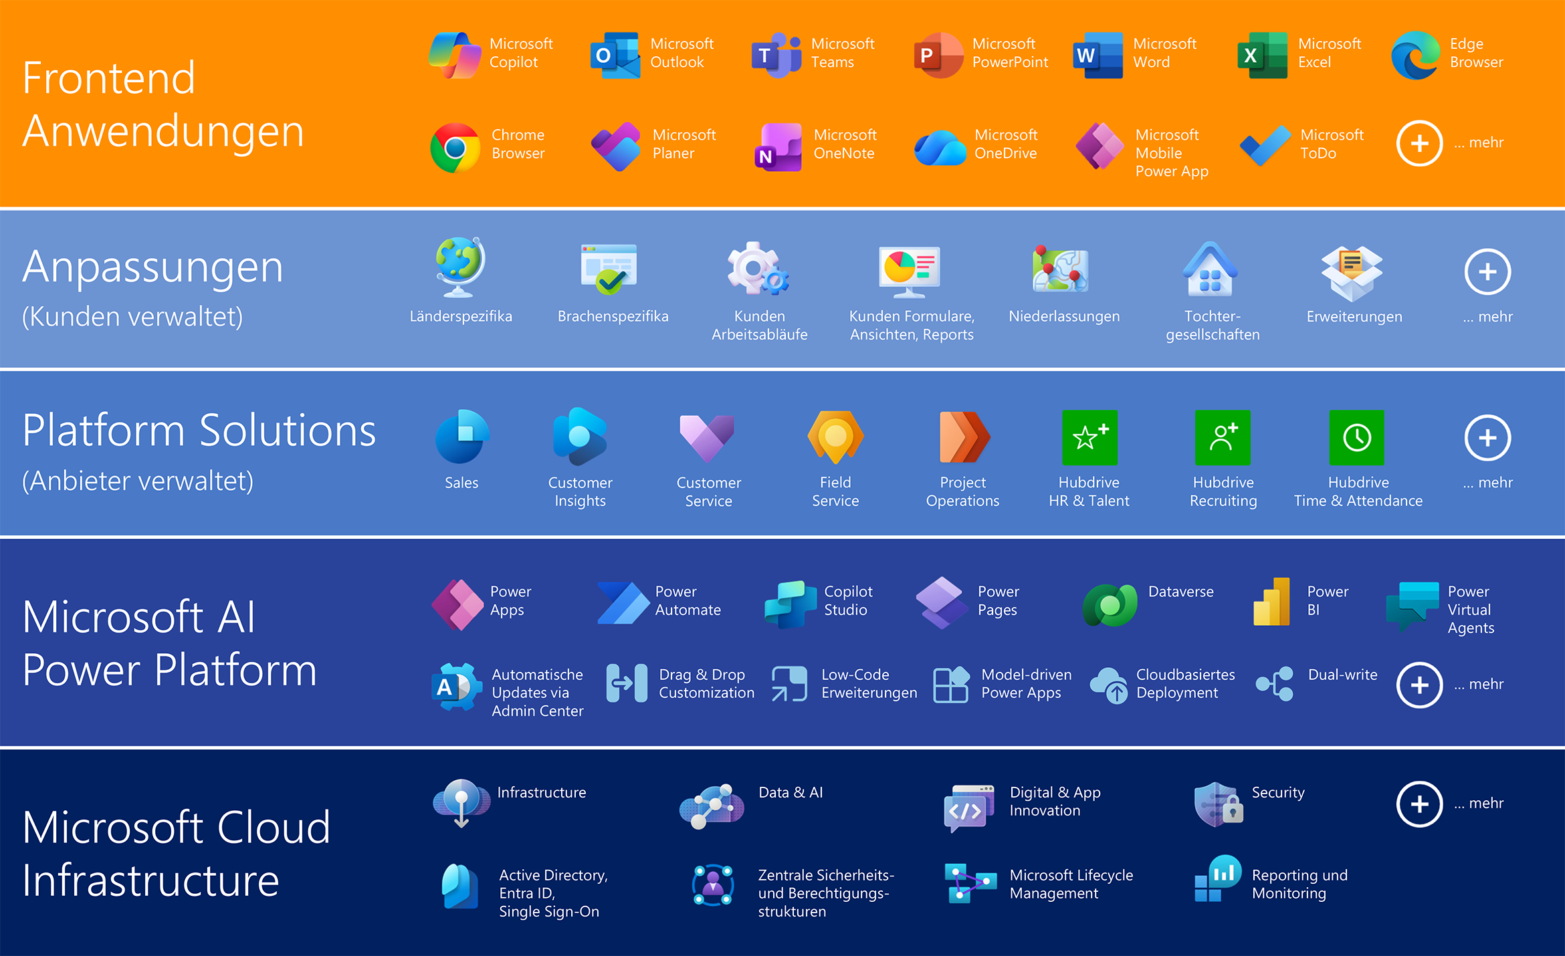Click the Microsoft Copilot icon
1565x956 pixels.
(455, 55)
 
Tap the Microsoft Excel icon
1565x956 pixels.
(1262, 55)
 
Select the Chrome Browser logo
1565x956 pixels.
(455, 147)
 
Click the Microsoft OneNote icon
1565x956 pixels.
(778, 147)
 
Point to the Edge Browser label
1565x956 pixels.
(1476, 53)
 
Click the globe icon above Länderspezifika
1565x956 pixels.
(459, 267)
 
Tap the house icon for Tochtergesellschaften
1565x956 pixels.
(1211, 269)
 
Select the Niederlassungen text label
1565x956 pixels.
(1064, 316)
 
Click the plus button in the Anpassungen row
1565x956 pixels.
(1487, 272)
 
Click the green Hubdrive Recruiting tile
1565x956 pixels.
(1223, 437)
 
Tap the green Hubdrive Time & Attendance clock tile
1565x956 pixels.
(1357, 437)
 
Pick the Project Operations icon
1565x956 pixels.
(964, 437)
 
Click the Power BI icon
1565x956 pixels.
(1271, 602)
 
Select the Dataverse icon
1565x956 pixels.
(1110, 604)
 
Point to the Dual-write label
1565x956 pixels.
(1342, 675)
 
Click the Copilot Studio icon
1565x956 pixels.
(790, 604)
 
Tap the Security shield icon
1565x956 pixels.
(1218, 804)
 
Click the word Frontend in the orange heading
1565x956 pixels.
(109, 78)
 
